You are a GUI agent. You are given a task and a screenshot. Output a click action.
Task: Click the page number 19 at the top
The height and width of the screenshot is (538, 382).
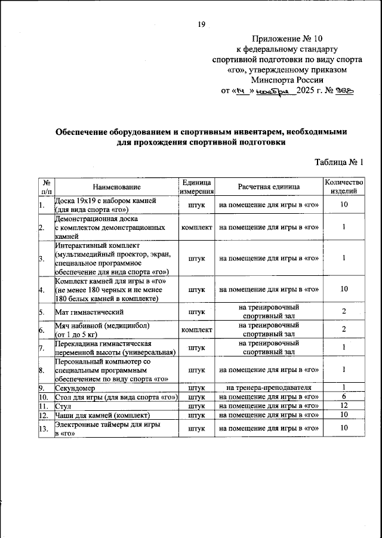click(201, 24)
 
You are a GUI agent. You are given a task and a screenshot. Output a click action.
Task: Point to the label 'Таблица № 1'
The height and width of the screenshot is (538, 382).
click(338, 162)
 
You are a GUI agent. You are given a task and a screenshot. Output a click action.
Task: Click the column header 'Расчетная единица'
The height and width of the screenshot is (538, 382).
click(269, 187)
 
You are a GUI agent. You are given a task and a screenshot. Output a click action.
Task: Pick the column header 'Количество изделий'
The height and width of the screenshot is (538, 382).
click(343, 187)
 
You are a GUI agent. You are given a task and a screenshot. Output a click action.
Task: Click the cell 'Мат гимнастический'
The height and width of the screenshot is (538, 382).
click(90, 312)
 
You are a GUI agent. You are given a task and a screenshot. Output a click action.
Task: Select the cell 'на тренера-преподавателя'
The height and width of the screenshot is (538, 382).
click(269, 388)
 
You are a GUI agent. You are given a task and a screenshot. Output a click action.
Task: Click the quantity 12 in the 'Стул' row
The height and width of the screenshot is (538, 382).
click(344, 405)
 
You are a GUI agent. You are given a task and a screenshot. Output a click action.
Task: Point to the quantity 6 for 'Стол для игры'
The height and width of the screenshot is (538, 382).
click(344, 396)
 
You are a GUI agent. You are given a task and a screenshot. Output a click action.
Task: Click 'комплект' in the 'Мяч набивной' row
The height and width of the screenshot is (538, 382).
click(196, 330)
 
